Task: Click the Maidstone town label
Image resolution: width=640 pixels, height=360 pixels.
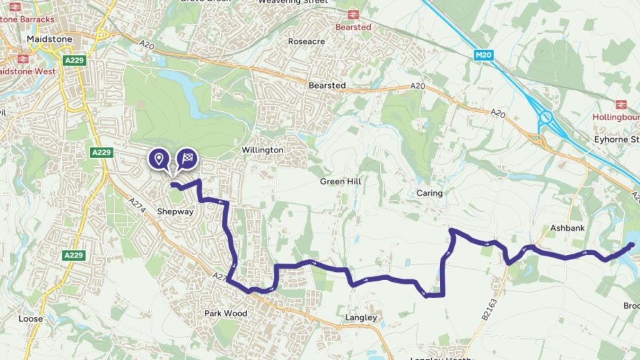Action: coord(50,39)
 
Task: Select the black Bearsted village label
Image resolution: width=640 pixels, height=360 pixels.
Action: coord(327,85)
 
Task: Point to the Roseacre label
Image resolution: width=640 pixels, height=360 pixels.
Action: coord(304,41)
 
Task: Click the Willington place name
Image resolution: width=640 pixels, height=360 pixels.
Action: coord(262,151)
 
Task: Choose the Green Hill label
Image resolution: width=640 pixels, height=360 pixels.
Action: coord(341,181)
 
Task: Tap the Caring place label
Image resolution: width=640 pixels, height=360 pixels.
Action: coord(429,193)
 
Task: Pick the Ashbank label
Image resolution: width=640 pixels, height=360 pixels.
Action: coord(567,228)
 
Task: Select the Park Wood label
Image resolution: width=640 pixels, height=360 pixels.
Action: coord(226,313)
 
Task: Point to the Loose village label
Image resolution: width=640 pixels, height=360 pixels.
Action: coord(31,319)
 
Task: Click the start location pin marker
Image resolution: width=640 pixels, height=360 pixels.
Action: coord(159,159)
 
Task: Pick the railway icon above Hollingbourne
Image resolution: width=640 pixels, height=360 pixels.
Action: coord(621,104)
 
